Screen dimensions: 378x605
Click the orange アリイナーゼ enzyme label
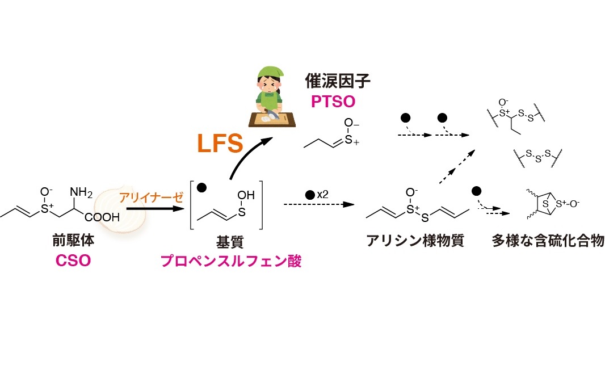(x=151, y=198)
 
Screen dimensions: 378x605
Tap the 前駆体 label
(x=73, y=241)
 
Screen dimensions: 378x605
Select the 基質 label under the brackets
(x=229, y=241)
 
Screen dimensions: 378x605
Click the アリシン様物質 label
(x=415, y=241)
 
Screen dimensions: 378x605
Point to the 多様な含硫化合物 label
(x=548, y=241)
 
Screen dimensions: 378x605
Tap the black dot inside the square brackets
(x=203, y=188)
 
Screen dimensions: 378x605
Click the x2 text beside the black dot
(x=322, y=194)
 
